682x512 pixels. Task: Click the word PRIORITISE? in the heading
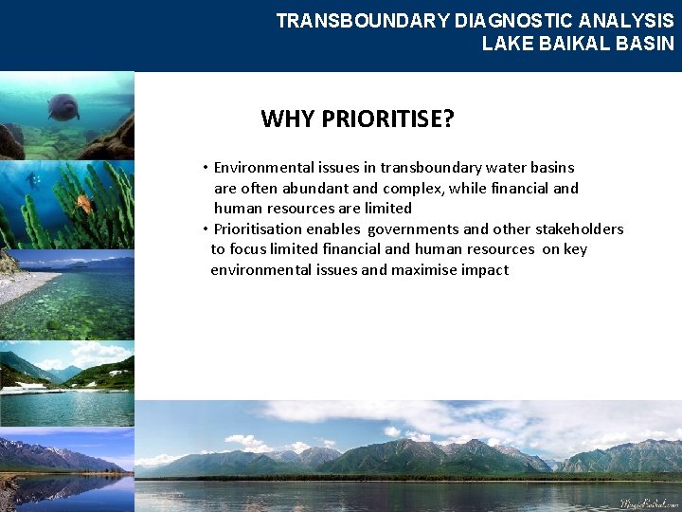[388, 119]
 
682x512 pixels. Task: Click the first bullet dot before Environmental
[205, 168]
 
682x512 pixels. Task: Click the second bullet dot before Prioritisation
[205, 229]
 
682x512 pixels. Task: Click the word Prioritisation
[260, 229]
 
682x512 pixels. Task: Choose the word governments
[413, 229]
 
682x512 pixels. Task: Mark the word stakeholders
[580, 229]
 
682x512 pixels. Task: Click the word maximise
[429, 270]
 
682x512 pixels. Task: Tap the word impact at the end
[486, 270]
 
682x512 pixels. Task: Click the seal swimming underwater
[63, 106]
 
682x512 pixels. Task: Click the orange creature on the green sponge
[83, 202]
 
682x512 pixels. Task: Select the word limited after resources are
[388, 209]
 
